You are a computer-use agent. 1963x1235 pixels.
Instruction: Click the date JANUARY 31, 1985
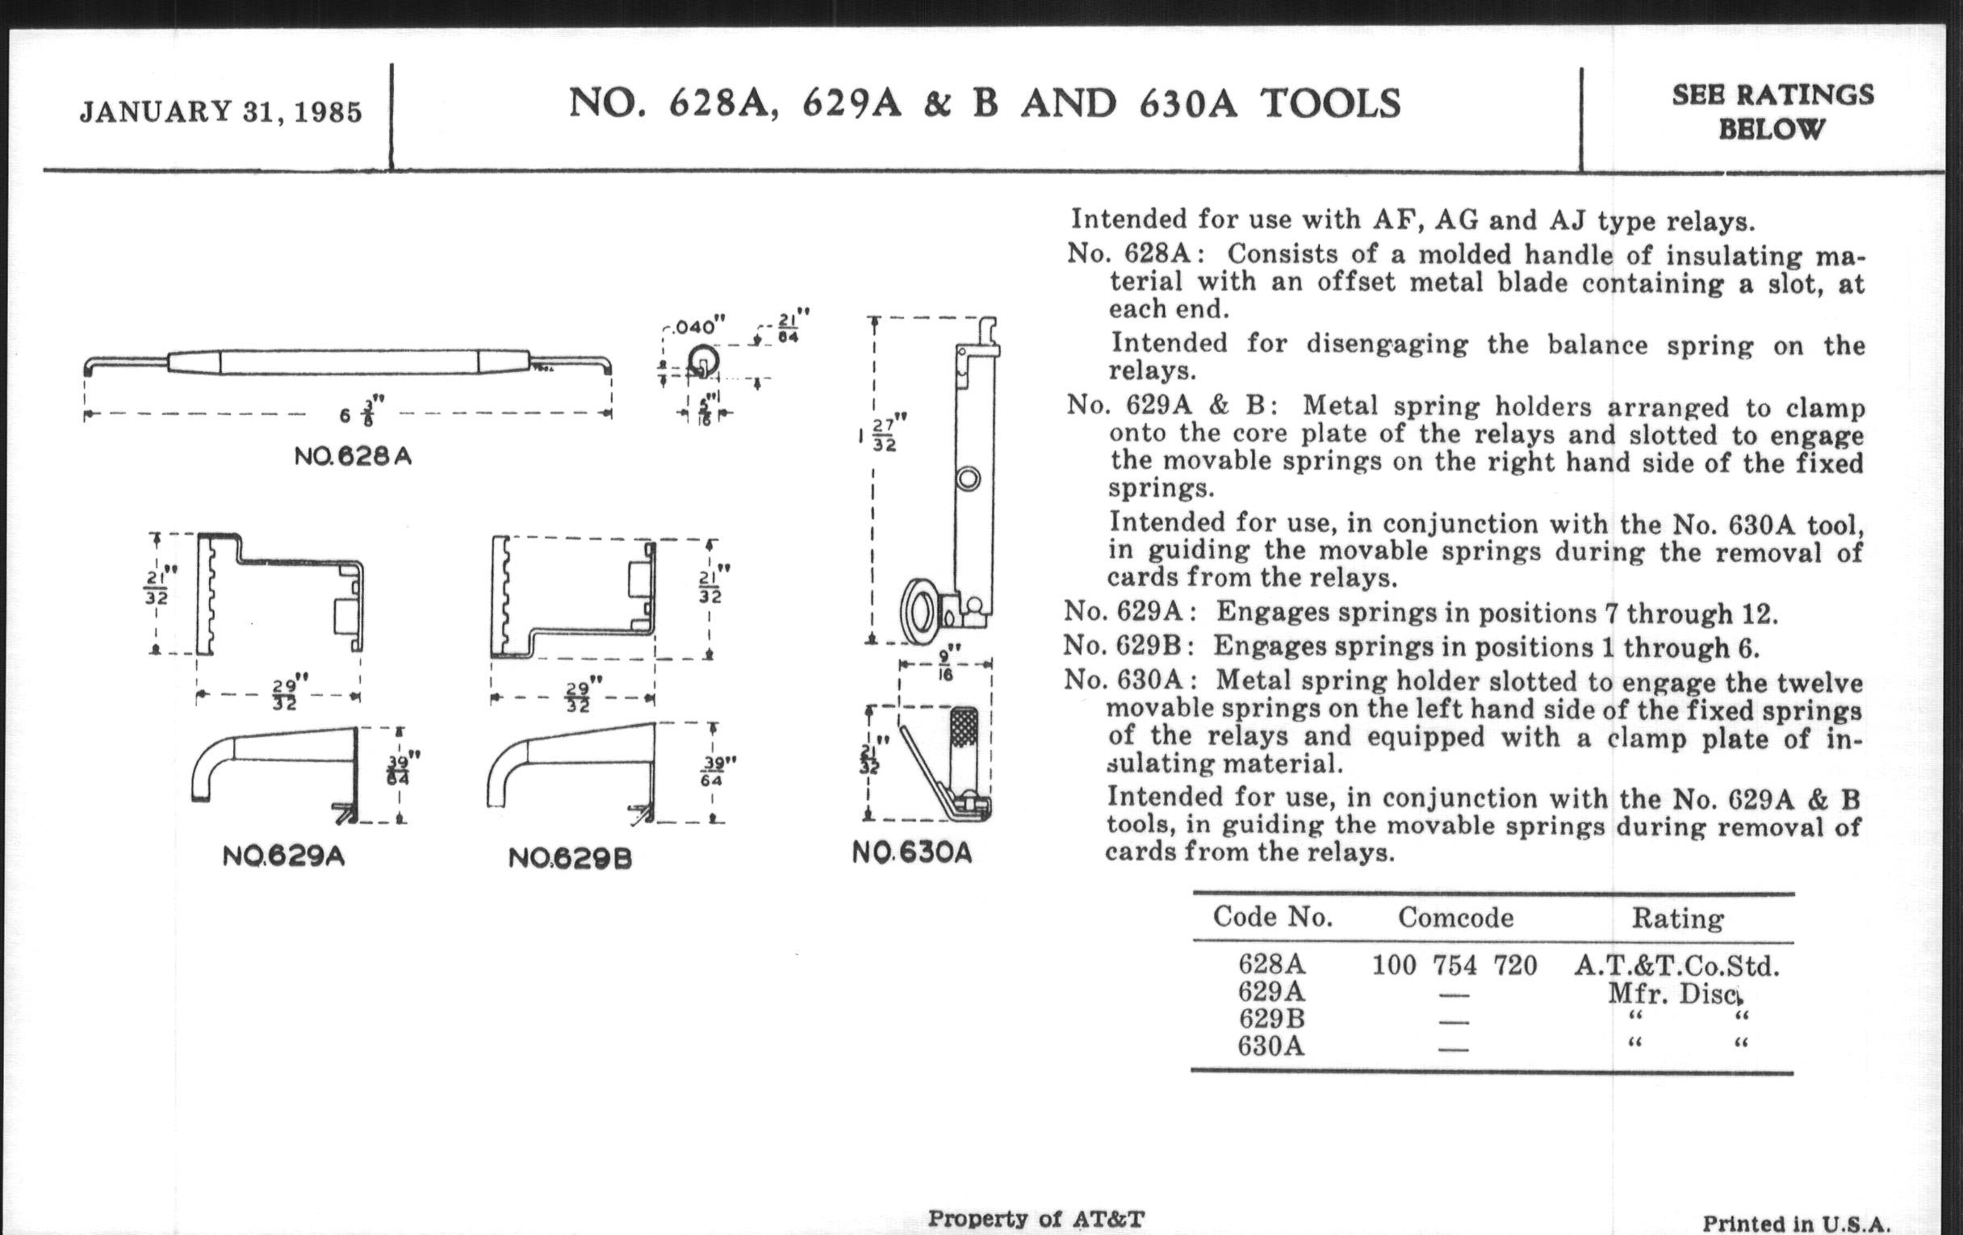(220, 111)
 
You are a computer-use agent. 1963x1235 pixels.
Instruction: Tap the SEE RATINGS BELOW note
(1773, 111)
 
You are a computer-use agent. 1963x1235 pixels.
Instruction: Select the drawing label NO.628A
(353, 457)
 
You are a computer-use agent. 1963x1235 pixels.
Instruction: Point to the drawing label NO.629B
(570, 857)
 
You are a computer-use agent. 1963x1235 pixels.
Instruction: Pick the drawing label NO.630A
(912, 852)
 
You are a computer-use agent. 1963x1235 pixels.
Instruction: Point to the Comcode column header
(1455, 918)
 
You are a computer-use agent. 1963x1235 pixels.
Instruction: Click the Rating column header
(1678, 919)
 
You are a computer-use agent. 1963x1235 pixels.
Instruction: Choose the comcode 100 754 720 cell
(1454, 966)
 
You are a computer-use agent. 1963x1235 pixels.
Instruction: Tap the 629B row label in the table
(1271, 1018)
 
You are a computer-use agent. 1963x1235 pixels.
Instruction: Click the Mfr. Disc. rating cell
(1674, 993)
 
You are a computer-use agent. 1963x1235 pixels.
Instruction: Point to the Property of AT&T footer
(1036, 1219)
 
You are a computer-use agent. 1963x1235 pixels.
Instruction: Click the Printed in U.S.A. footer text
(1795, 1224)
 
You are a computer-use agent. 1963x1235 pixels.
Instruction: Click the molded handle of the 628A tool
(349, 362)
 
